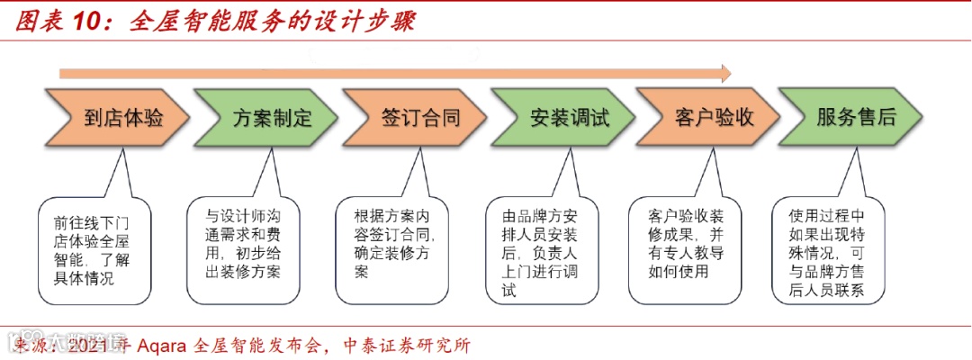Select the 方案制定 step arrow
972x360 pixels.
click(x=267, y=117)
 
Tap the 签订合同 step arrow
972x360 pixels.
click(x=415, y=117)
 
